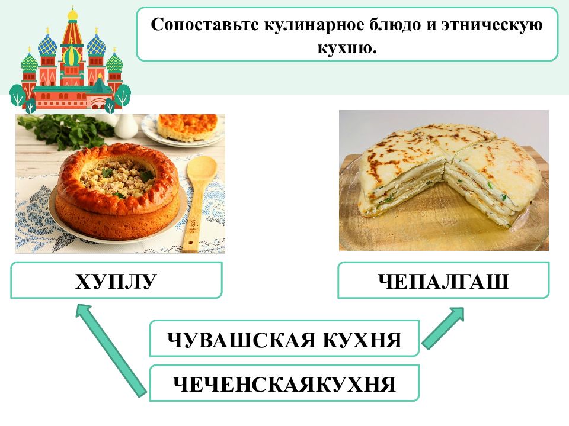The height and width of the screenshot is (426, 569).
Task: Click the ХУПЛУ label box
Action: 116,280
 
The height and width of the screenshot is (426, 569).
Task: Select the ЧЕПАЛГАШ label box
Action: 443,280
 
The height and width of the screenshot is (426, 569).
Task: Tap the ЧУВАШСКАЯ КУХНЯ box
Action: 284,338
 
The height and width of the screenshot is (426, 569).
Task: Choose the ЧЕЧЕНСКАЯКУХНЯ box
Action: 284,383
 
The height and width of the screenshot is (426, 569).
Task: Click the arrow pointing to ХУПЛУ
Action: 111,350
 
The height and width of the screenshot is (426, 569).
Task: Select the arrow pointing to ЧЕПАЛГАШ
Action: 443,328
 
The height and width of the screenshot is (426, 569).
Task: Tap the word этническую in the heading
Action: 492,25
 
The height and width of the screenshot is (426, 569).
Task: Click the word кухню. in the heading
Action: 347,47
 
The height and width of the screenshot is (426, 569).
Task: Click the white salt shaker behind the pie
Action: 126,126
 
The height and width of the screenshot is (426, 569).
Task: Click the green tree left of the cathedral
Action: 17,95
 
